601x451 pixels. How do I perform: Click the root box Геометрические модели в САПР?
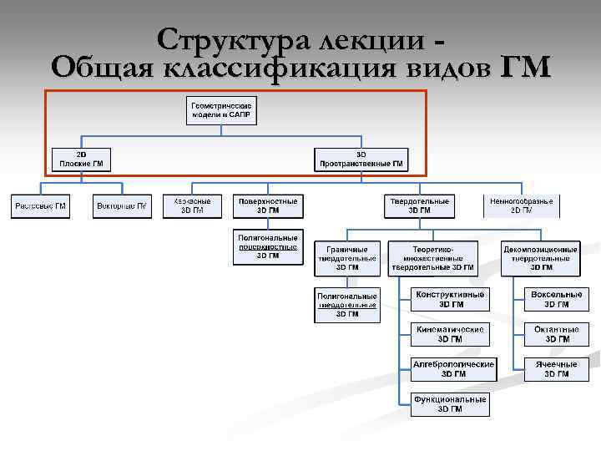click(x=221, y=111)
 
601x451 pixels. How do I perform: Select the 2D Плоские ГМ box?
click(x=81, y=160)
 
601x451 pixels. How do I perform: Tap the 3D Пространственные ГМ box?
click(x=361, y=160)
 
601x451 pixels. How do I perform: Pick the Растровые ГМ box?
click(x=40, y=206)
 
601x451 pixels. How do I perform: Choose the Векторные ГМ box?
click(x=122, y=206)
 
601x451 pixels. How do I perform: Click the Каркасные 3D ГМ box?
click(x=192, y=206)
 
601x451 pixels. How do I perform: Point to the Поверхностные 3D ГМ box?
click(x=267, y=206)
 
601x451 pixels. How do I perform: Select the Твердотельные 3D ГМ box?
click(x=419, y=206)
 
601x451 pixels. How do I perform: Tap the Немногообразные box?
click(x=522, y=206)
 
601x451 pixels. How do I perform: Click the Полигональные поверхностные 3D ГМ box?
click(x=267, y=247)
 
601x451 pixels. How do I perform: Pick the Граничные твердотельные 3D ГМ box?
click(x=347, y=258)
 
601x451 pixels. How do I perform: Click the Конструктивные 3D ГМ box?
click(x=450, y=299)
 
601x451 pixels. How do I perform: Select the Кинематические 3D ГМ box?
click(x=450, y=334)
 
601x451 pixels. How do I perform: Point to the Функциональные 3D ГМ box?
click(x=450, y=404)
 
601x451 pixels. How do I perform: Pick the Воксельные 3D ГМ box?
click(x=557, y=299)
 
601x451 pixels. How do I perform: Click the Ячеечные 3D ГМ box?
click(x=557, y=369)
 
